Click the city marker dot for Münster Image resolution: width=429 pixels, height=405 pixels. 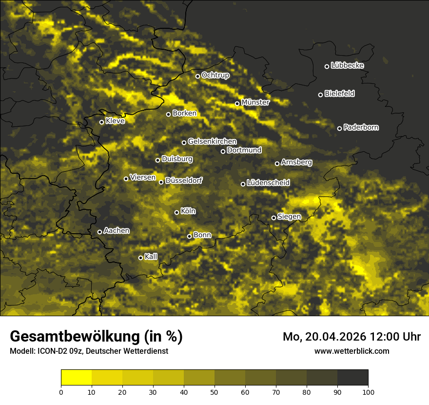pyautogui.click(x=237, y=103)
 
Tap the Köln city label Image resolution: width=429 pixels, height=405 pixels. pyautogui.click(x=188, y=211)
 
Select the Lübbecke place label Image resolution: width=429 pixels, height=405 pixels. pyautogui.click(x=347, y=65)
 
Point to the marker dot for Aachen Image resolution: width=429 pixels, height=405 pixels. pyautogui.click(x=100, y=232)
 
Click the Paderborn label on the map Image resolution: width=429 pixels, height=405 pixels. pyautogui.click(x=361, y=127)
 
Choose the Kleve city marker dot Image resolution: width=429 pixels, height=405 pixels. pyautogui.click(x=102, y=122)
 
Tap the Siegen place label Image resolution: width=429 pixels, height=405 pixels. pyautogui.click(x=289, y=217)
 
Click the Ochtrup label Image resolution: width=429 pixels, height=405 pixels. pyautogui.click(x=215, y=75)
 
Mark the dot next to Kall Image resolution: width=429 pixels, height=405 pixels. pyautogui.click(x=141, y=258)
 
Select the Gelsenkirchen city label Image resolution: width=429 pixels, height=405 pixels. pyautogui.click(x=212, y=142)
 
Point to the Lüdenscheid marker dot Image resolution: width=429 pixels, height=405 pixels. pyautogui.click(x=243, y=184)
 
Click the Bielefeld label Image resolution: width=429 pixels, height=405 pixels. pyautogui.click(x=339, y=94)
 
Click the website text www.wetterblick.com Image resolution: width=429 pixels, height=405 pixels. pyautogui.click(x=351, y=351)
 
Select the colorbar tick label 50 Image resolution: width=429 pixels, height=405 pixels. pyautogui.click(x=214, y=391)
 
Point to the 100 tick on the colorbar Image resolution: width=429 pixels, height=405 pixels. pyautogui.click(x=368, y=391)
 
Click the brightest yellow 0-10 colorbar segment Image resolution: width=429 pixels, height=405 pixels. pyautogui.click(x=77, y=378)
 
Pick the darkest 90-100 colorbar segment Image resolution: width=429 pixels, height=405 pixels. pyautogui.click(x=352, y=378)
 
